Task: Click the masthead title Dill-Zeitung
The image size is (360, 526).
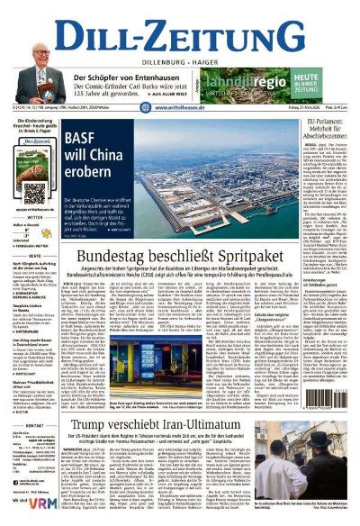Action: pos(180,27)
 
